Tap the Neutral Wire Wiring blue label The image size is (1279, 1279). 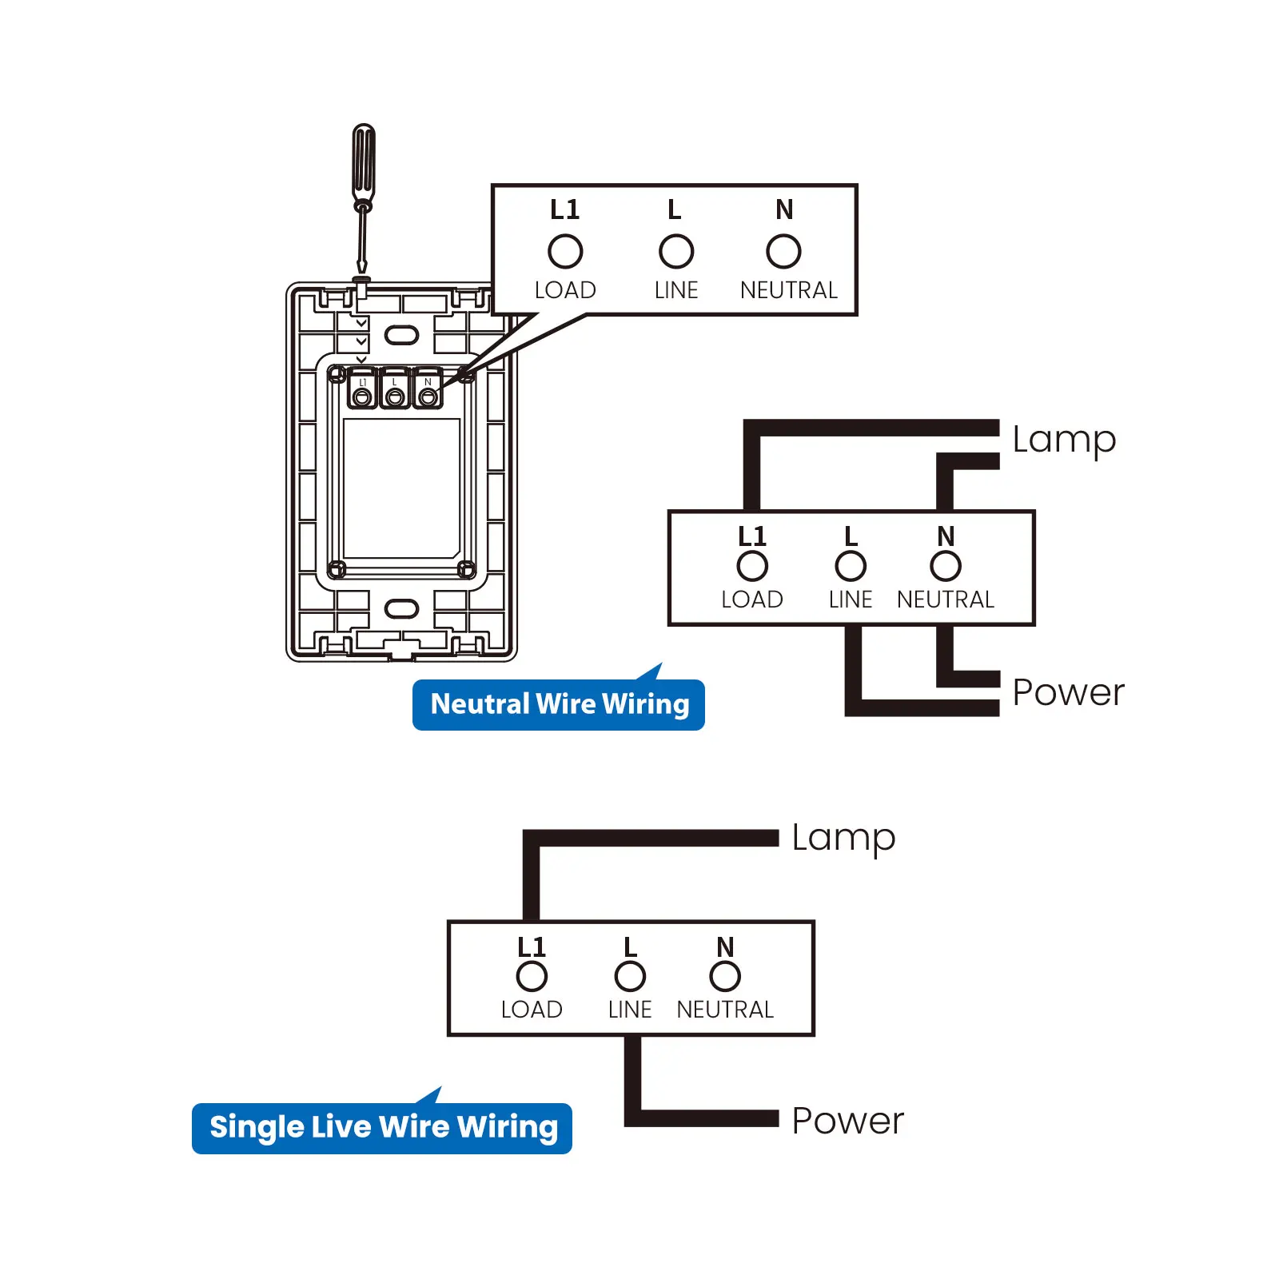coord(559,704)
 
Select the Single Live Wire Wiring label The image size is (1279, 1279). coord(383,1127)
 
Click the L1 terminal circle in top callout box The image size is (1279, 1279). coord(565,251)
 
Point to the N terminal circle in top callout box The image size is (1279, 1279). coord(783,251)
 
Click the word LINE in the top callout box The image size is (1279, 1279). coord(676,290)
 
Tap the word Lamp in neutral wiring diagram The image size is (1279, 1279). coord(1063,440)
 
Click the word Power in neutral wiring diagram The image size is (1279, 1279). coord(1067,692)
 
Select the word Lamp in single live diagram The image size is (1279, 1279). coord(843,838)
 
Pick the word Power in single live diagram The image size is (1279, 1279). coord(847,1121)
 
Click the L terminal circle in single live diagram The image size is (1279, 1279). coord(630,976)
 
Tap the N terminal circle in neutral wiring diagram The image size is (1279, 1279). coord(946,566)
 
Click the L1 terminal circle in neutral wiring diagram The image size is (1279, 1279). coord(752,566)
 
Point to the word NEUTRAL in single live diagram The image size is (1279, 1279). coord(725,1010)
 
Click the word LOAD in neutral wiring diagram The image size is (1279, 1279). coord(752,600)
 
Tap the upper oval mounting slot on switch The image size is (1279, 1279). coord(401,334)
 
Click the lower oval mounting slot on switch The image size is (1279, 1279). coord(401,608)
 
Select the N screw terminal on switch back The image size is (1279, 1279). coord(428,396)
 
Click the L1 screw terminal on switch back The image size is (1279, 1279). coord(362,396)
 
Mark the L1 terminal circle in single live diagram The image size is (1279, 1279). coord(532,976)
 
